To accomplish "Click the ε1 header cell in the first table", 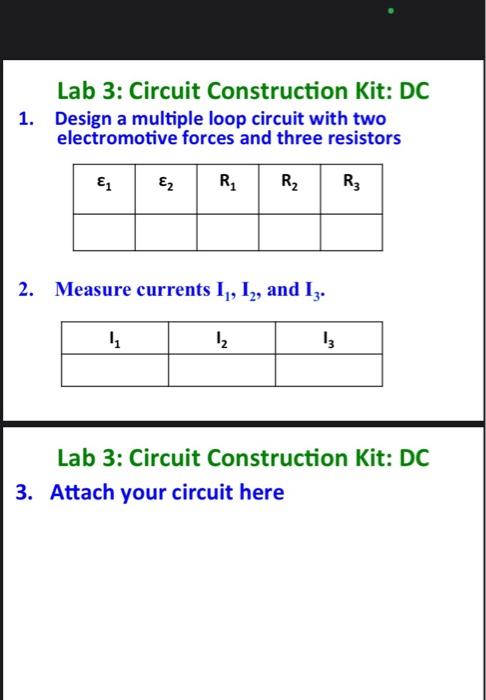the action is [103, 183].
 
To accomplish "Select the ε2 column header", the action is [165, 183].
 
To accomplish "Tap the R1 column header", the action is [227, 183].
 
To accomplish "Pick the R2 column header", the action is [289, 183].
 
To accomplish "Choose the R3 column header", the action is [351, 183].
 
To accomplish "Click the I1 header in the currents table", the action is [114, 338].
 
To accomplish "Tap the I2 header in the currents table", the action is [221, 338].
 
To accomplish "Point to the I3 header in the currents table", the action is [328, 338].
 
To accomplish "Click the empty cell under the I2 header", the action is [221, 370].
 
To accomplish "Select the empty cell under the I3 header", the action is [328, 370].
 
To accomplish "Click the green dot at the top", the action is [393, 13].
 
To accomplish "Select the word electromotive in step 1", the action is [113, 137].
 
